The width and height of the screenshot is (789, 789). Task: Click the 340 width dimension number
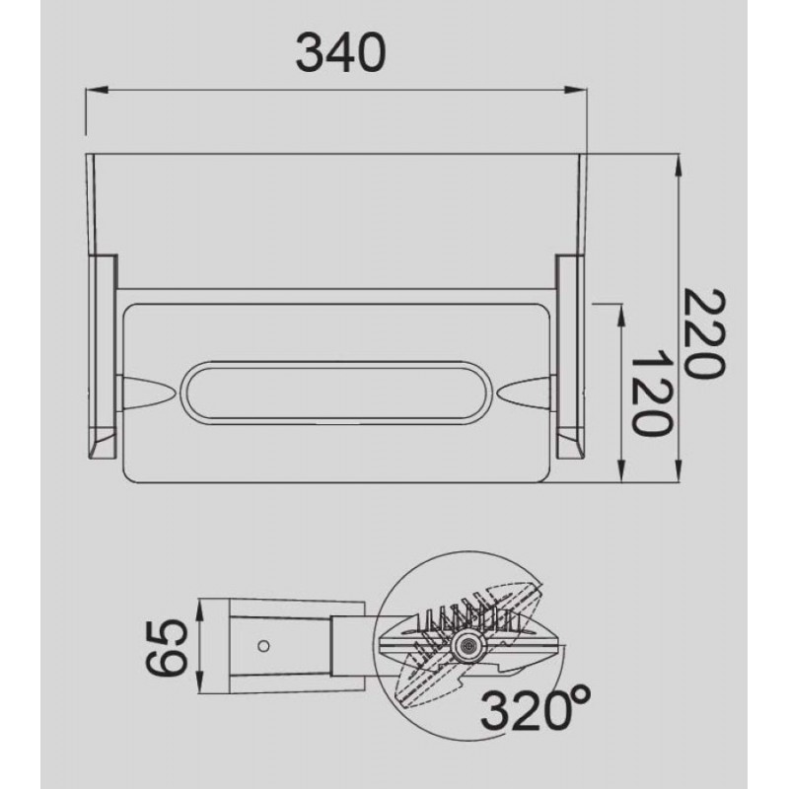tap(340, 53)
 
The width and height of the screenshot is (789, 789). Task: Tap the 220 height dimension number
tap(705, 332)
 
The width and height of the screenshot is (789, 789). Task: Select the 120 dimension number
tap(650, 393)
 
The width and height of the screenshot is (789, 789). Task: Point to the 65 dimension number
tap(167, 647)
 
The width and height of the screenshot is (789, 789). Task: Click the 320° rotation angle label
tap(535, 709)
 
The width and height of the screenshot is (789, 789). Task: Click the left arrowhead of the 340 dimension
tap(97, 90)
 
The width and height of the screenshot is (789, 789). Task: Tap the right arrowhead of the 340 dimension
tap(575, 90)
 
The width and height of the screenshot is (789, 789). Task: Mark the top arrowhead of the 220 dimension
tap(679, 165)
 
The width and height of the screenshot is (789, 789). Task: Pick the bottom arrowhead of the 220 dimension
tap(679, 471)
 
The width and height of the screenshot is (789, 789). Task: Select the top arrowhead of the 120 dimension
tap(621, 316)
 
